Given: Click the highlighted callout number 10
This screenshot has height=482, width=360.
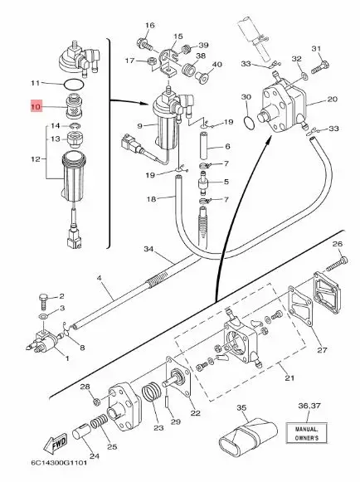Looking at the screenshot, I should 36,107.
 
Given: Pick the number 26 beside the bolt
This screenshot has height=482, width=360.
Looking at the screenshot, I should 336,243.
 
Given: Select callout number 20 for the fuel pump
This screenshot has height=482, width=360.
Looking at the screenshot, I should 333,99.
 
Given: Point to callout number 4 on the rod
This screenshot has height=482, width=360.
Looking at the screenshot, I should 99,276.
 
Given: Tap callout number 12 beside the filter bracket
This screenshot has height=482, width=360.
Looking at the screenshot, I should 34,158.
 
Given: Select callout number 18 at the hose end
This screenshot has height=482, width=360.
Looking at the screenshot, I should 151,200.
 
